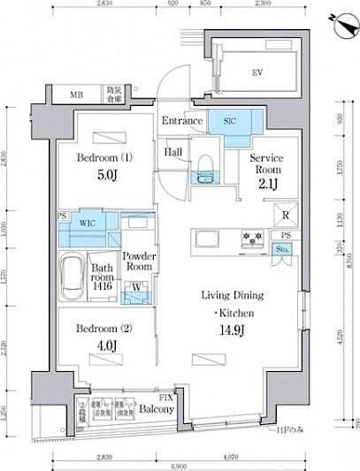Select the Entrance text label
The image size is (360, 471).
(181, 121)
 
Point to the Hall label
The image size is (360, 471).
(174, 151)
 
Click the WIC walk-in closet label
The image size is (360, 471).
(87, 224)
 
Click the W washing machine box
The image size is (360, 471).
(136, 286)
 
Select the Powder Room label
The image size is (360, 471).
(139, 262)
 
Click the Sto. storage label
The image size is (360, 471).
(283, 249)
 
